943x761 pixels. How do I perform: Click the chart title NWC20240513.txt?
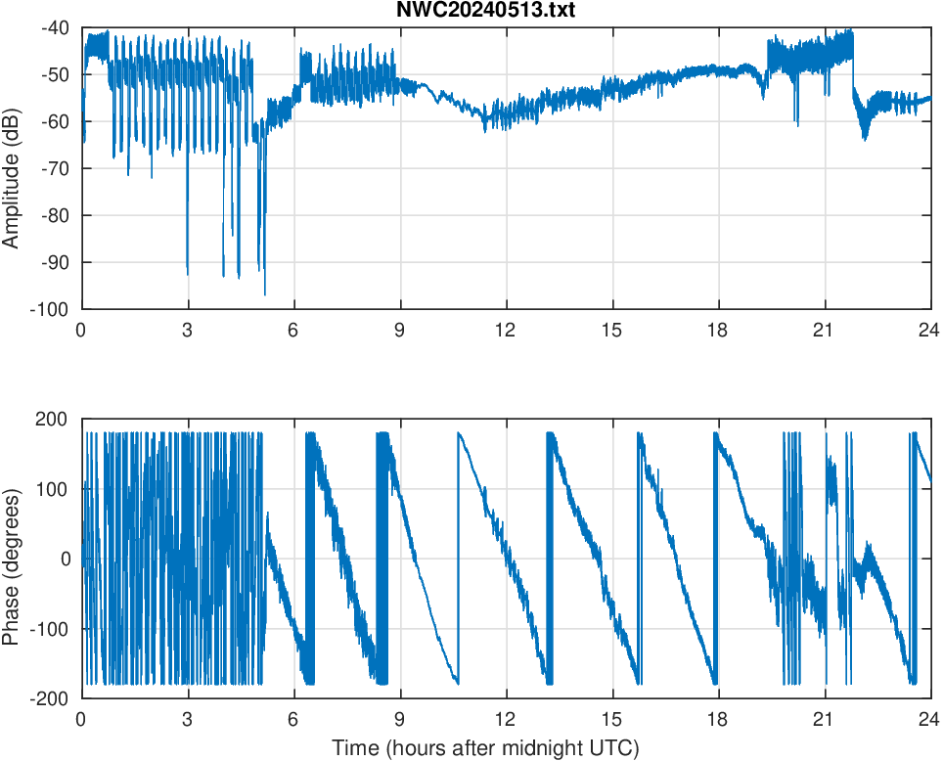pos(505,11)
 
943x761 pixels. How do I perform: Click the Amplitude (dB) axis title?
pos(13,168)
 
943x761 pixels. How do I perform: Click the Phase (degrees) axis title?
pos(13,559)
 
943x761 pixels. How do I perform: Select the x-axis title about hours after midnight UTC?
pos(485,748)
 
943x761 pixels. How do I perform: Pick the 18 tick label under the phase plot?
pos(718,719)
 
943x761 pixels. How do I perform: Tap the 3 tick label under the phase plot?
pos(187,719)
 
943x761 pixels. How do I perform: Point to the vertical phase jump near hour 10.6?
pos(457,558)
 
